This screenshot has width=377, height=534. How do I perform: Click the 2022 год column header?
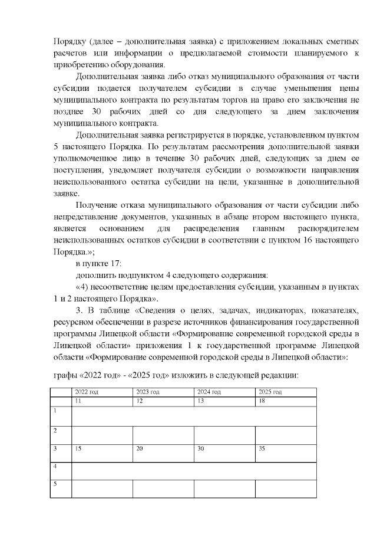tap(86, 392)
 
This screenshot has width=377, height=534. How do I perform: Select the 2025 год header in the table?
tap(270, 392)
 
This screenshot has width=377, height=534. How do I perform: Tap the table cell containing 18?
tap(262, 401)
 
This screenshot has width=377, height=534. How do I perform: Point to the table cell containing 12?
tap(140, 401)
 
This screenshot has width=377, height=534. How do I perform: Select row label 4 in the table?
tap(55, 467)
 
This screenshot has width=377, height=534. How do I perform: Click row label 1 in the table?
tap(55, 410)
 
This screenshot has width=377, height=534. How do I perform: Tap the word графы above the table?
tap(65, 375)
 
